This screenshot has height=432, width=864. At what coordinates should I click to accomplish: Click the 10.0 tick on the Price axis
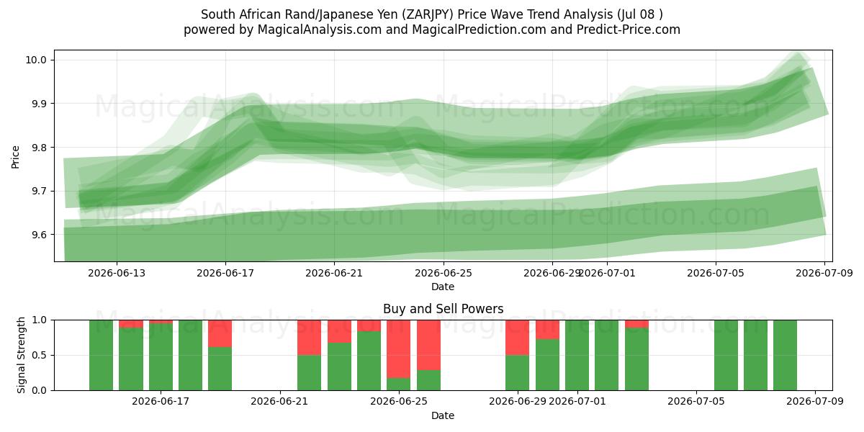pyautogui.click(x=35, y=60)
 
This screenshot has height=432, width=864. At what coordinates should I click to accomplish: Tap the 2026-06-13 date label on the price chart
pyautogui.click(x=117, y=273)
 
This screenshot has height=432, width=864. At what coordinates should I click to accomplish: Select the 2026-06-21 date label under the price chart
pyautogui.click(x=334, y=273)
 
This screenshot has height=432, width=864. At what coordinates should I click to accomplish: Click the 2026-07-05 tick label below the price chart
pyautogui.click(x=716, y=273)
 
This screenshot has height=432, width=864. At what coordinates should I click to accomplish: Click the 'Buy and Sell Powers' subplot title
pyautogui.click(x=444, y=309)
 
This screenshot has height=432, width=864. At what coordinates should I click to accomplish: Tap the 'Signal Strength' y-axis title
pyautogui.click(x=21, y=355)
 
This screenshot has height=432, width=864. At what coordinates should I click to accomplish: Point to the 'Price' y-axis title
pyautogui.click(x=15, y=157)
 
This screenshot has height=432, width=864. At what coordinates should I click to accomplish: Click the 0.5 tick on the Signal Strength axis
pyautogui.click(x=38, y=355)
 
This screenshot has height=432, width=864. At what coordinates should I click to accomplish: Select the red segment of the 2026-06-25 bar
pyautogui.click(x=398, y=349)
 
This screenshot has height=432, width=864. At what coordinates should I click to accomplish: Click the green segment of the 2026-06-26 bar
pyautogui.click(x=428, y=380)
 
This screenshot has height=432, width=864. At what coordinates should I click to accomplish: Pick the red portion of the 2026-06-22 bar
pyautogui.click(x=309, y=338)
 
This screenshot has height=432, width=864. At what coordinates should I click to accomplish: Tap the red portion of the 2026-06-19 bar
pyautogui.click(x=220, y=333)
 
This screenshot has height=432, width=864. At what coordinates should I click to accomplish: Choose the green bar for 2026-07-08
pyautogui.click(x=785, y=355)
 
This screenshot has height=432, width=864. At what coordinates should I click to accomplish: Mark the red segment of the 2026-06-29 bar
pyautogui.click(x=517, y=338)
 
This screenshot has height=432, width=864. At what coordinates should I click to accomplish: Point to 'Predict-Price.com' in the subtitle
pyautogui.click(x=629, y=30)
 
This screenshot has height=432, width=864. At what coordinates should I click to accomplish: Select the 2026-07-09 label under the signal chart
pyautogui.click(x=815, y=401)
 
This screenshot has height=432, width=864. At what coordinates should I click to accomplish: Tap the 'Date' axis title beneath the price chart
pyautogui.click(x=443, y=287)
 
